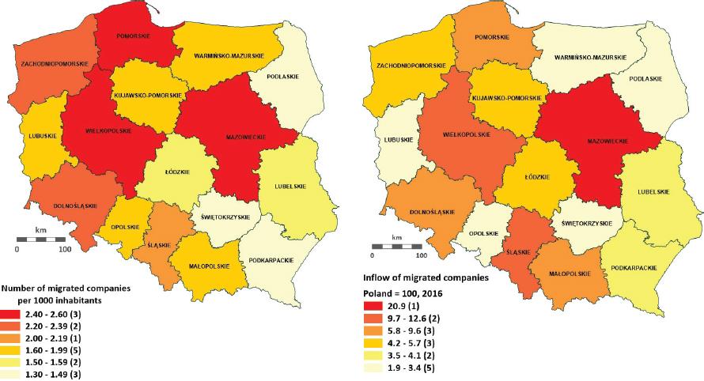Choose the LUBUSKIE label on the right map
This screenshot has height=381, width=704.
coord(391,140)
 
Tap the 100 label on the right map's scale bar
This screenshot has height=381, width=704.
coord(421,256)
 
